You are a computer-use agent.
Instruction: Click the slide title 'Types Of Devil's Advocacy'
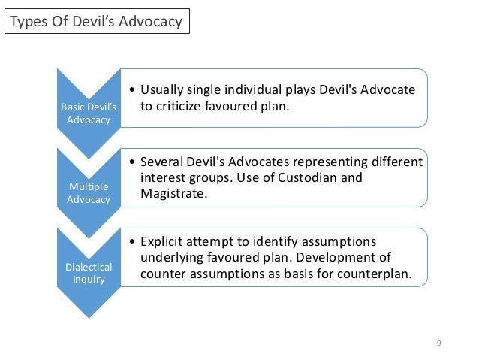[95, 21]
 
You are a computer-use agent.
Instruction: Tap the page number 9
[438, 344]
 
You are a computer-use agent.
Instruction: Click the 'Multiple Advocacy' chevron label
[88, 193]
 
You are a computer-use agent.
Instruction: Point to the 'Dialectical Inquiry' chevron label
[88, 273]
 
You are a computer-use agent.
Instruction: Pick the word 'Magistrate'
[172, 194]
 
